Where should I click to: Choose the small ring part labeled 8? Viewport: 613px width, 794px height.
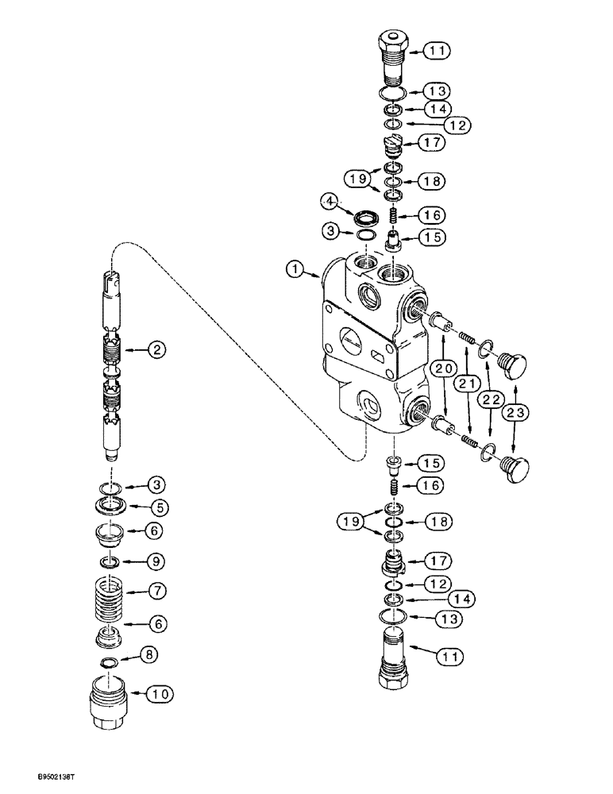pyautogui.click(x=109, y=661)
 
